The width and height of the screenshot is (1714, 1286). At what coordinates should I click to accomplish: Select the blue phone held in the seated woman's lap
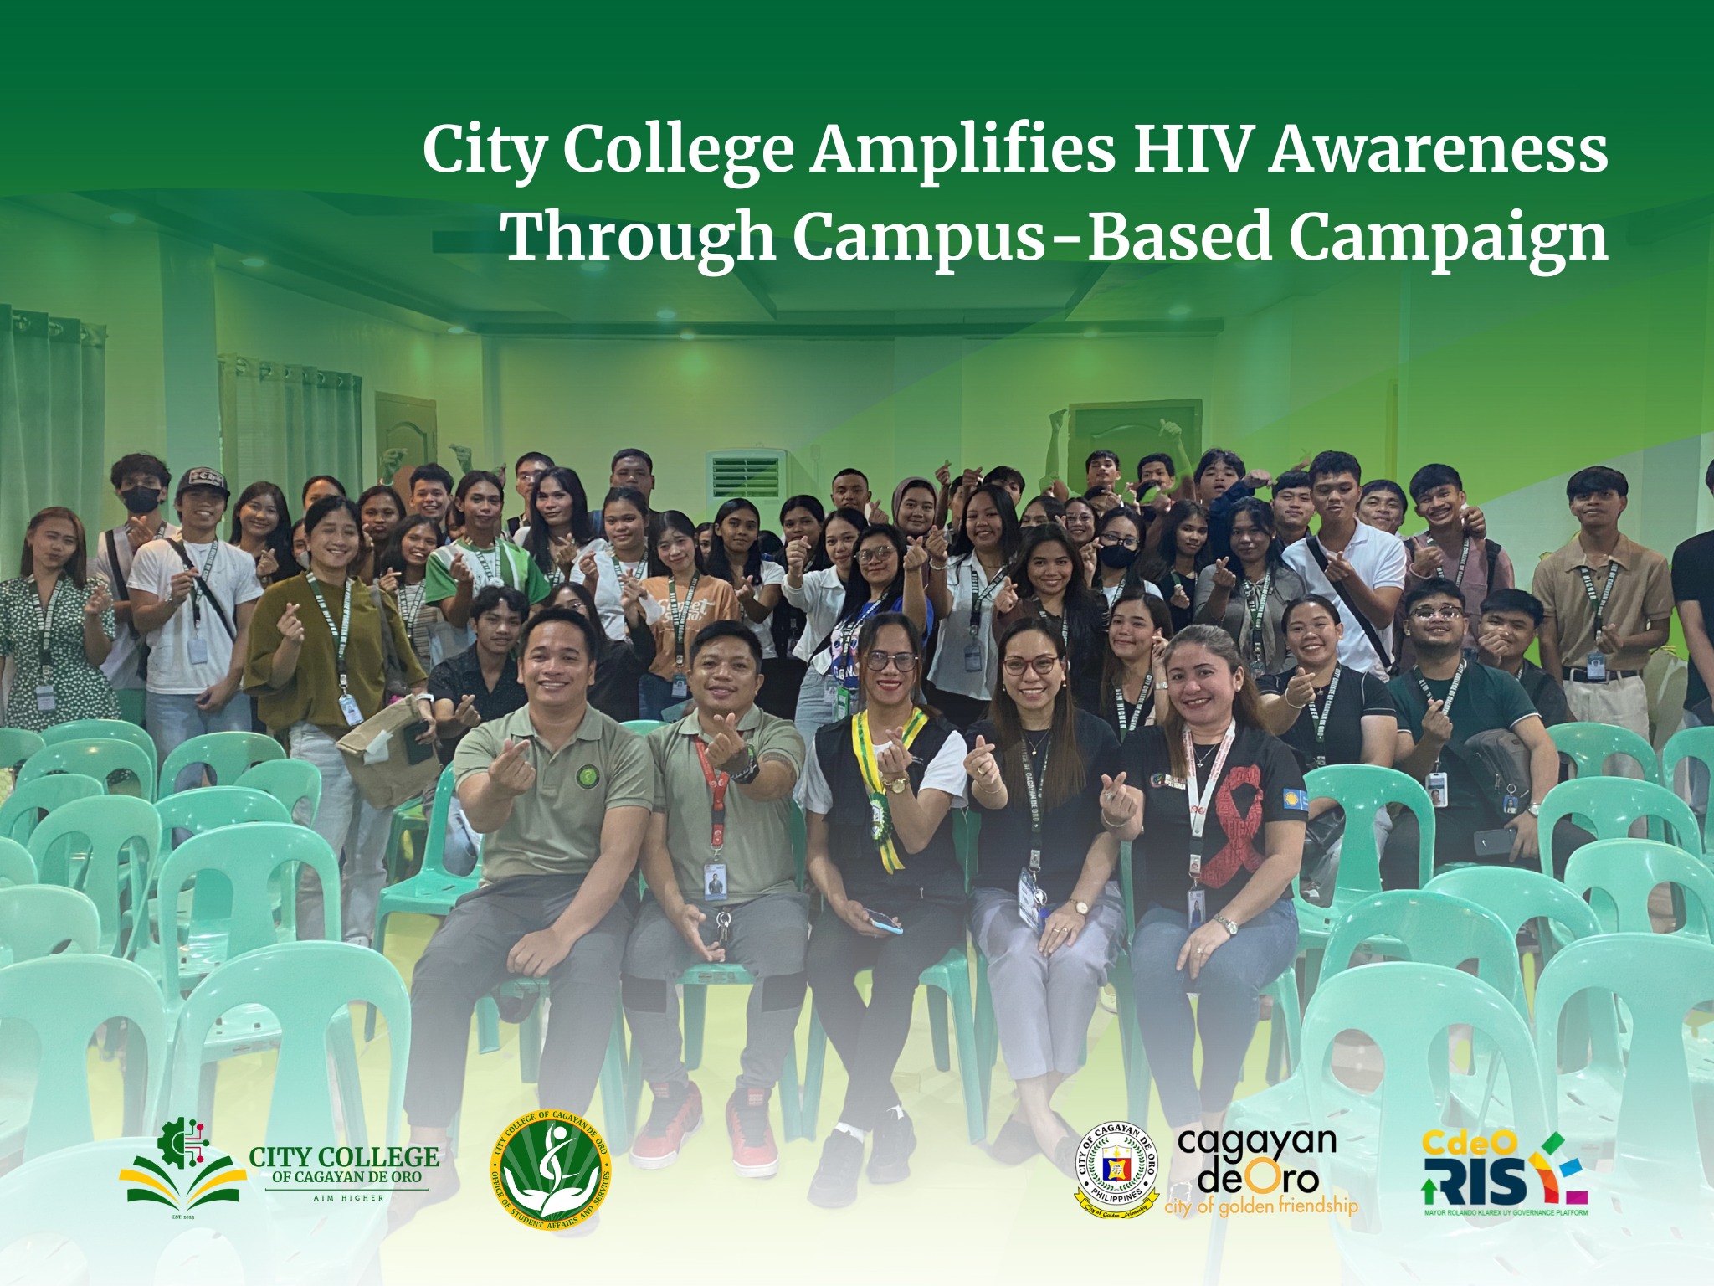click(x=883, y=921)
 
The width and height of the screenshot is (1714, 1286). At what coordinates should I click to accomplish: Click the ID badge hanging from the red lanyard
click(x=716, y=883)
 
